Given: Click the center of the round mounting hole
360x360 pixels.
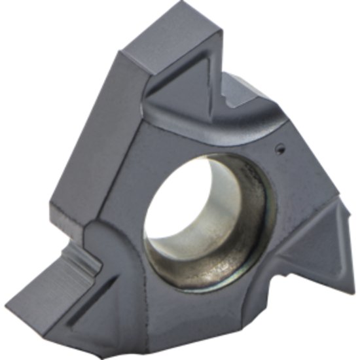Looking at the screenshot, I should point(204,217).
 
